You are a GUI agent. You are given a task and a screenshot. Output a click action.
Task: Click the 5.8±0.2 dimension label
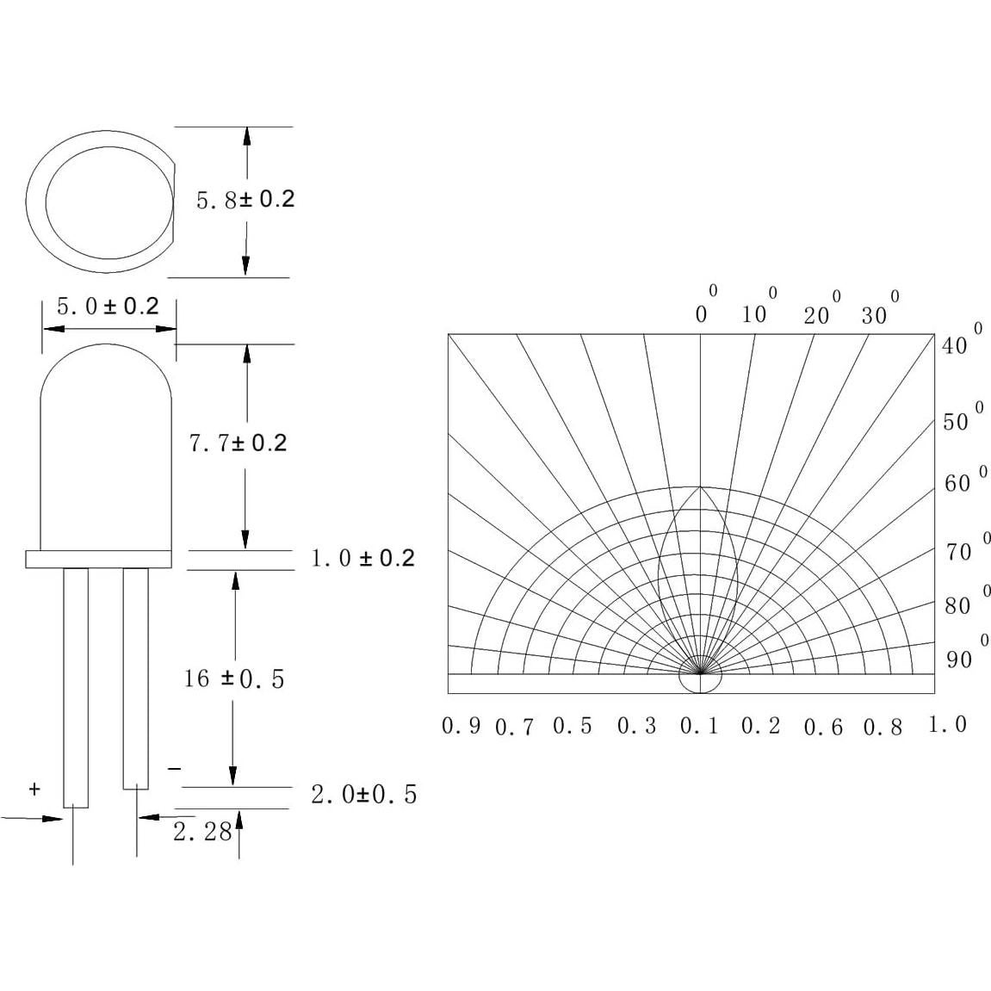click(x=245, y=200)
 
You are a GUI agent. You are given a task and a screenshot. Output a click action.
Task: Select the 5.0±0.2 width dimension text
click(x=108, y=307)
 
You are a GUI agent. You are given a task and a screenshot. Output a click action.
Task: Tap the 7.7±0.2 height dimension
click(x=238, y=443)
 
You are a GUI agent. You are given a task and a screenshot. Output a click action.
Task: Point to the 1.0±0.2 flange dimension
click(x=362, y=559)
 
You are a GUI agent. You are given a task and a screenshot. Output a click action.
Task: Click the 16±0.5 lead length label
click(x=233, y=679)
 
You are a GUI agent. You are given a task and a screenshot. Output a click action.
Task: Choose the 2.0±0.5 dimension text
click(x=363, y=794)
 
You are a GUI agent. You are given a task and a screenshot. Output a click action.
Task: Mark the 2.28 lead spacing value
click(x=202, y=832)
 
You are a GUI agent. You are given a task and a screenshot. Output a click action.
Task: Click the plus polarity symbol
click(x=34, y=789)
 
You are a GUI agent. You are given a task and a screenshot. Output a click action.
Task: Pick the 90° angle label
click(x=962, y=659)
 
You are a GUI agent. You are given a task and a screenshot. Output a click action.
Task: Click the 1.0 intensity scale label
click(x=947, y=725)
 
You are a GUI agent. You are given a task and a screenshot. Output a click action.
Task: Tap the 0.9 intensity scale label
click(x=461, y=726)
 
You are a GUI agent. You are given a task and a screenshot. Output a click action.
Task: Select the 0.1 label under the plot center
click(x=699, y=727)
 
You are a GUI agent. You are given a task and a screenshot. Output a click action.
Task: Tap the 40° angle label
click(x=958, y=344)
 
